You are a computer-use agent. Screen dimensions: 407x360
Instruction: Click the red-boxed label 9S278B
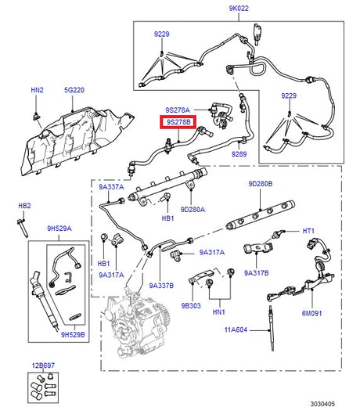pos(178,123)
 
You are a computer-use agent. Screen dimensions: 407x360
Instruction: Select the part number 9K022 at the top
pos(239,9)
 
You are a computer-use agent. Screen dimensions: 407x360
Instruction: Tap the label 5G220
pos(74,90)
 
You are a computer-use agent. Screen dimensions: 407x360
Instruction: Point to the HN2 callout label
pos(37,90)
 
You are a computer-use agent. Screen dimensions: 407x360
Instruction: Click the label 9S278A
pos(178,110)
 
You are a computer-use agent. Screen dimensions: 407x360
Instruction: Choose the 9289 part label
pos(239,156)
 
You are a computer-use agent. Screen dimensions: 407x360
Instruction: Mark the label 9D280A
pos(193,210)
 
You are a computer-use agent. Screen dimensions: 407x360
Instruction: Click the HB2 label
pos(24,206)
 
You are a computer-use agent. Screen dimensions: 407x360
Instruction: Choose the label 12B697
pos(43,366)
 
